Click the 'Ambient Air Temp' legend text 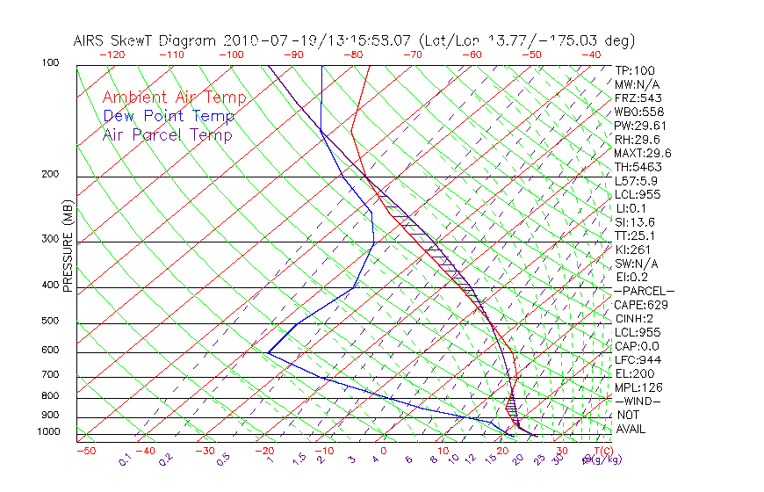(174, 98)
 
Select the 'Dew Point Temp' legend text (169, 116)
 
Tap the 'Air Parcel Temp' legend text (168, 134)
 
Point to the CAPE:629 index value (639, 305)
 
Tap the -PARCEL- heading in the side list (645, 291)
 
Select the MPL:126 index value (638, 387)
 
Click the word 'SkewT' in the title (168, 40)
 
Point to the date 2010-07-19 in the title (261, 40)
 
